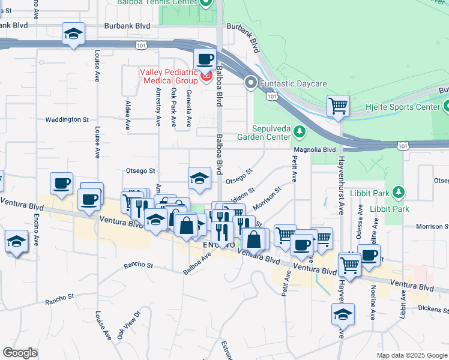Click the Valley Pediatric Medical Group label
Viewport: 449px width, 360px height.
tap(169, 76)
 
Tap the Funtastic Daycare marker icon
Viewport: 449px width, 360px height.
tap(251, 84)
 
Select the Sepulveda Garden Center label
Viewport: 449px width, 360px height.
tap(279, 132)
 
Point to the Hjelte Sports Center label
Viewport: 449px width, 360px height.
tap(403, 107)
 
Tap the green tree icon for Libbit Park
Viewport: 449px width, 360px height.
tap(397, 193)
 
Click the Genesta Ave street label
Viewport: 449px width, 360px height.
tap(188, 109)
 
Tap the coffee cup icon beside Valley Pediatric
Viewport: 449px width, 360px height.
tap(206, 59)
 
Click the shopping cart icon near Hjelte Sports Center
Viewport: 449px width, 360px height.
tap(339, 106)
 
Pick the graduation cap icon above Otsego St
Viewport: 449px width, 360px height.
tap(200, 177)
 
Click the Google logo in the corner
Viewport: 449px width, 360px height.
tap(20, 353)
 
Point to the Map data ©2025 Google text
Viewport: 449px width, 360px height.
tap(411, 355)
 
